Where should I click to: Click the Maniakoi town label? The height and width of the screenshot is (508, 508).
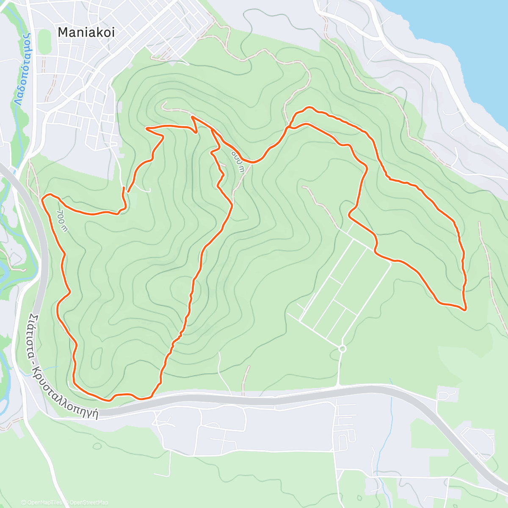click(x=86, y=32)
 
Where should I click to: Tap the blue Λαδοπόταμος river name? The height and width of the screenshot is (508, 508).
click(x=22, y=68)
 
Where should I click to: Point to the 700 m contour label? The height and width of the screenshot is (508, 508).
click(x=62, y=221)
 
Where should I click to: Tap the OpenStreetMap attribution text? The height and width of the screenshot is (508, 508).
click(x=88, y=502)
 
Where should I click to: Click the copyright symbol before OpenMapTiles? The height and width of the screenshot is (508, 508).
click(x=23, y=502)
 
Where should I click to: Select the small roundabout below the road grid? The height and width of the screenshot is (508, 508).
click(x=342, y=348)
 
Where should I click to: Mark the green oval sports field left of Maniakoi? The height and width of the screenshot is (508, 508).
click(x=44, y=39)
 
